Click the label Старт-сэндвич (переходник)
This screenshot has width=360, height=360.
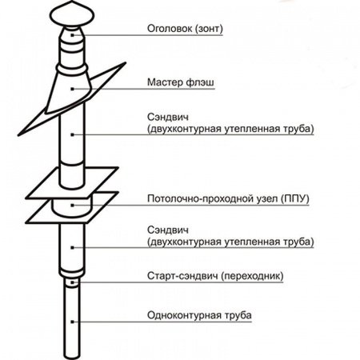point(205,278)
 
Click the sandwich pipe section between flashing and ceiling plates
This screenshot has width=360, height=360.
point(72,140)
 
